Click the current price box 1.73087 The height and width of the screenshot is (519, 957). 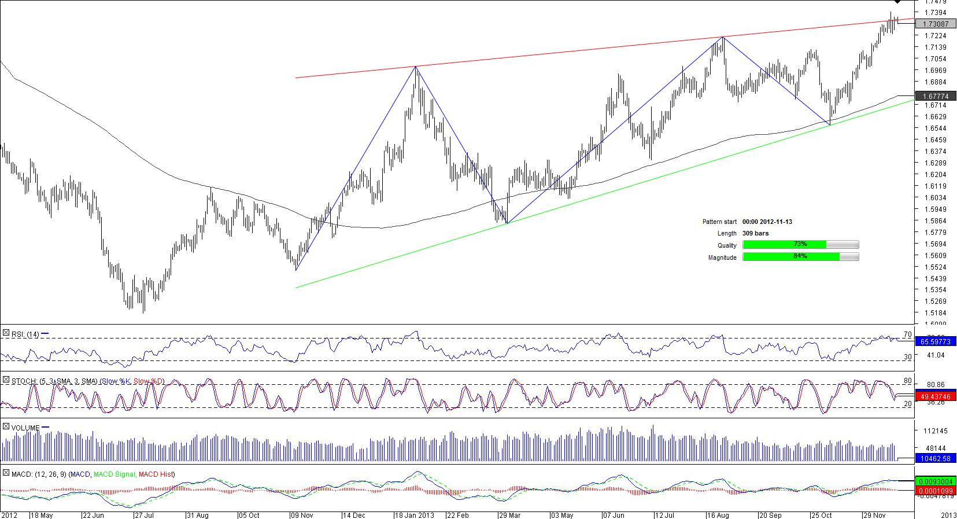[x=936, y=24]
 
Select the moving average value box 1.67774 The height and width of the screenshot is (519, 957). [x=936, y=96]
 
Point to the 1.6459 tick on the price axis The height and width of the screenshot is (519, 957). [x=935, y=140]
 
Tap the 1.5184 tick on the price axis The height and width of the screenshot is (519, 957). [x=935, y=313]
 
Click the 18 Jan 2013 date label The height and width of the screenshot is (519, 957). [x=415, y=515]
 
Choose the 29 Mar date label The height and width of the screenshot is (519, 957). [x=510, y=515]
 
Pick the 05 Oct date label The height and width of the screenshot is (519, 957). [x=249, y=515]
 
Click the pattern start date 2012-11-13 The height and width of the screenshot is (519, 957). [x=767, y=222]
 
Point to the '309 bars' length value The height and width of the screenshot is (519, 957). [x=756, y=233]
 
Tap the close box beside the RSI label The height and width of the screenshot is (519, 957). [x=6, y=333]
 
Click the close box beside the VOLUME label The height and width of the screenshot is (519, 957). [x=6, y=427]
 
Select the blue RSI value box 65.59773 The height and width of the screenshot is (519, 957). [x=936, y=341]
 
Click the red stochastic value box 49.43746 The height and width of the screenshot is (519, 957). [x=936, y=396]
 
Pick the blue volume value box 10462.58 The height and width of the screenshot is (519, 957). [x=936, y=458]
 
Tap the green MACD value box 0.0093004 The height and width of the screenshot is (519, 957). [x=936, y=481]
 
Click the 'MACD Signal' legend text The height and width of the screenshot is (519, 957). [x=114, y=474]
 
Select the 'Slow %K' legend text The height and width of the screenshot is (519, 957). [x=116, y=381]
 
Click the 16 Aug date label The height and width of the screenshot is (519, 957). [x=718, y=515]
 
